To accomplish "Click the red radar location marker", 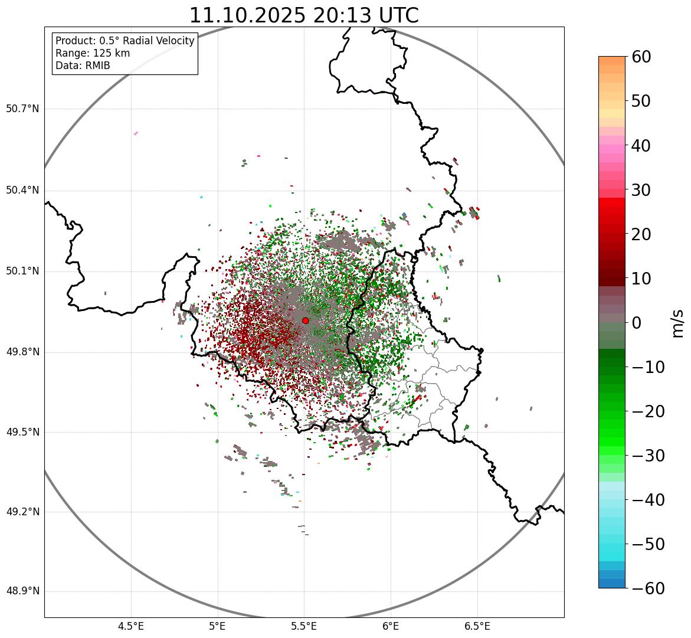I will tap(305, 320).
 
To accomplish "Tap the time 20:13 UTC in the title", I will tap(365, 16).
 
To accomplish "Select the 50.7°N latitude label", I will tap(22, 109).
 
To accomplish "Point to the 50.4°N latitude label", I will tap(22, 190).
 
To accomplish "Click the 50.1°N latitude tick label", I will tap(22, 271).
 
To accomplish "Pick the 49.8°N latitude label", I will tap(22, 352).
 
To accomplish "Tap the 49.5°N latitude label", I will tap(22, 432).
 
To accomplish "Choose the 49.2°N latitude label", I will tap(22, 512).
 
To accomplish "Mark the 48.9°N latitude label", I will tap(22, 591).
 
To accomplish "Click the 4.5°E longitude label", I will tap(131, 626).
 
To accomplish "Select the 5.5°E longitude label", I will tap(304, 626).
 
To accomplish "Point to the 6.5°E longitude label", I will tap(477, 626).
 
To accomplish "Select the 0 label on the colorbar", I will tap(637, 323).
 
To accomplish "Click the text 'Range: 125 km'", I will tap(93, 53).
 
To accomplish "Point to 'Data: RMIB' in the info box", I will tap(83, 66).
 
